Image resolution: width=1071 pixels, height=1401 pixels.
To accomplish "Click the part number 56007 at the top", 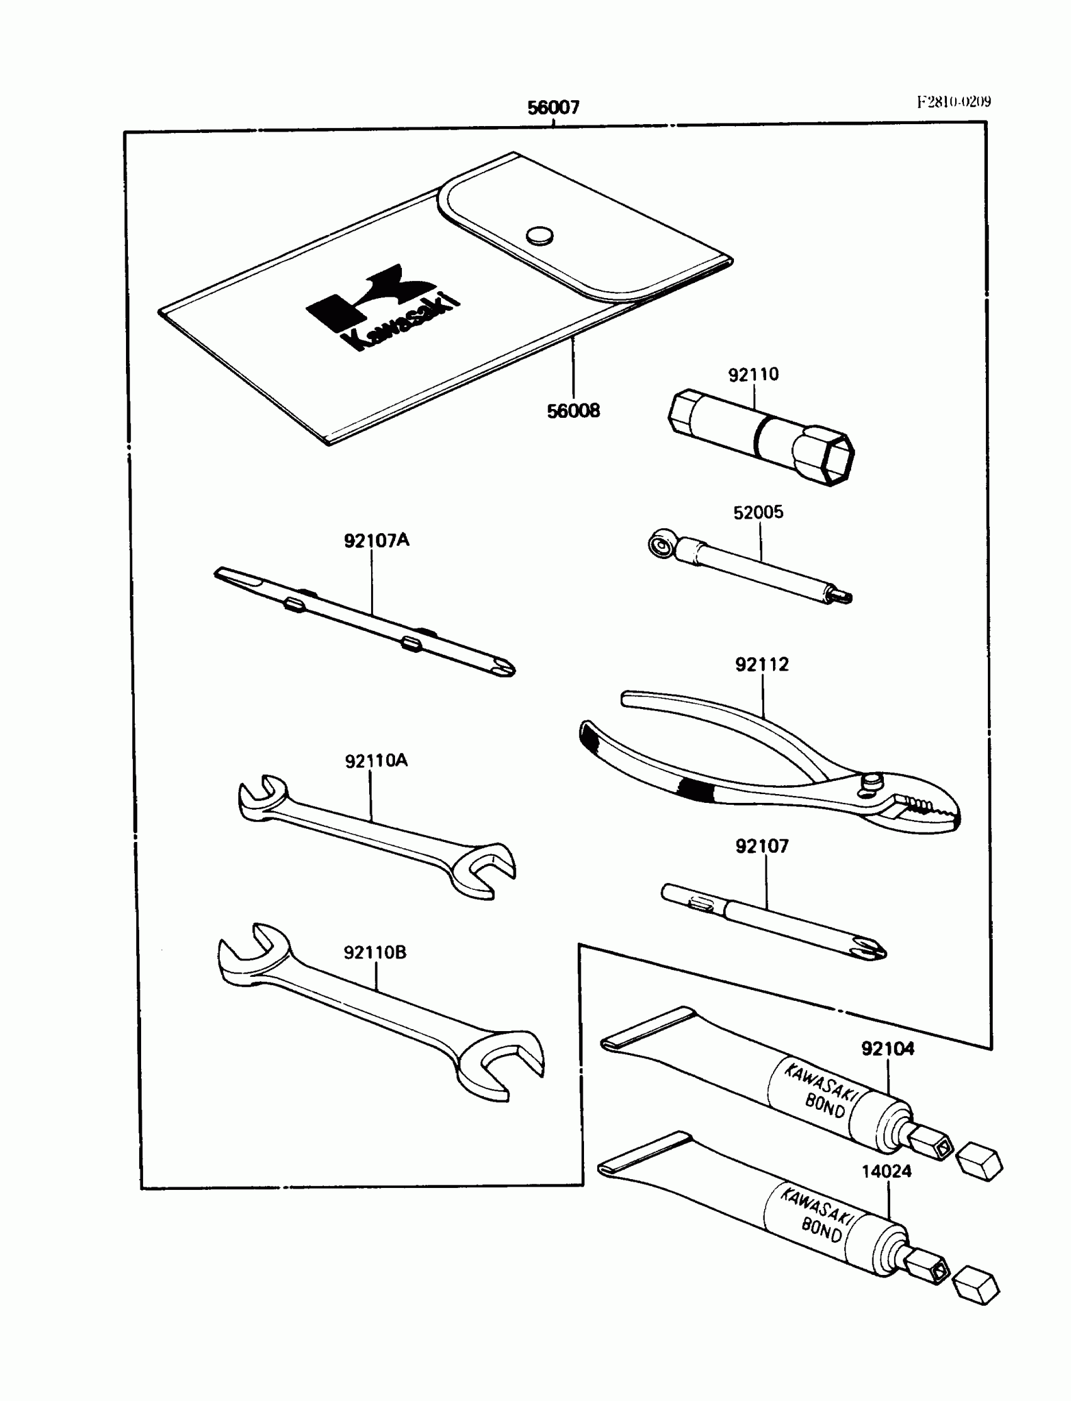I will (x=553, y=107).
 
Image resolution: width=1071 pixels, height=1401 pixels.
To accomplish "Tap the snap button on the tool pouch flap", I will (x=539, y=235).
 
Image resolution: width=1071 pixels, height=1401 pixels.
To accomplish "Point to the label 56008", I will (x=573, y=412).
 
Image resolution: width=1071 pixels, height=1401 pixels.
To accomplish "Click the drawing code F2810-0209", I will (x=954, y=102).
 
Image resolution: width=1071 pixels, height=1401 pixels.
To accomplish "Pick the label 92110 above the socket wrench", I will (x=753, y=374).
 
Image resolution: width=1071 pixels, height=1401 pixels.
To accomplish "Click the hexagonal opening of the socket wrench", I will (x=835, y=459).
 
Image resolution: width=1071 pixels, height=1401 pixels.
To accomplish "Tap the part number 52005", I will (x=758, y=512).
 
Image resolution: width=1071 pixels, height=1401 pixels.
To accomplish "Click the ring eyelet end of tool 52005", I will (x=660, y=544).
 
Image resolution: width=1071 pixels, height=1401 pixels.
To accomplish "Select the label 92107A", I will (x=376, y=541).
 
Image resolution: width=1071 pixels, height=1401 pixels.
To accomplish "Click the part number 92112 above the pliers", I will (x=762, y=664).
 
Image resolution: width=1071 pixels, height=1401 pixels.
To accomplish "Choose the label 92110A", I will (x=376, y=761).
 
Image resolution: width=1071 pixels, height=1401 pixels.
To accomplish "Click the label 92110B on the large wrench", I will (x=375, y=952).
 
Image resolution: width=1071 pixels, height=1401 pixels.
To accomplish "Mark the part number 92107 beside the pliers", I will (x=762, y=846).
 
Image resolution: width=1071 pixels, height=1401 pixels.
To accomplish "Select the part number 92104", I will (x=888, y=1048).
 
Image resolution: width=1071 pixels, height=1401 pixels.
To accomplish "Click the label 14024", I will (x=886, y=1172).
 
